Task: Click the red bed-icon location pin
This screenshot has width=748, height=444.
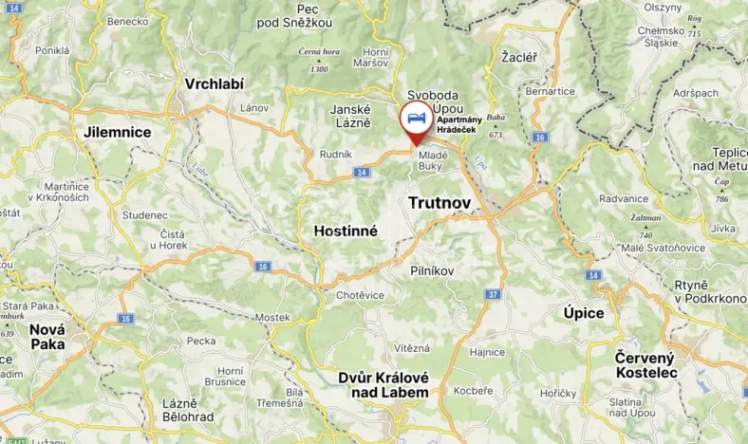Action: [414, 121]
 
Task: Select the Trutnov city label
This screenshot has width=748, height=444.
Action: [439, 203]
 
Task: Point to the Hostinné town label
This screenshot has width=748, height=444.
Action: [346, 231]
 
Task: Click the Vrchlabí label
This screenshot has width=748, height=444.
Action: [215, 83]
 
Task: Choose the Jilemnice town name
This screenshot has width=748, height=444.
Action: [118, 132]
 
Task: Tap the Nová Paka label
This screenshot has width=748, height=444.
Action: [47, 337]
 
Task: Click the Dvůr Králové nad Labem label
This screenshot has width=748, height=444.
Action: [383, 384]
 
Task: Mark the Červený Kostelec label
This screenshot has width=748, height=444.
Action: [645, 365]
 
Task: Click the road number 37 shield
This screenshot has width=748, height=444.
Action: [493, 294]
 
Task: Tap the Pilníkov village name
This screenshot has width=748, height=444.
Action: [432, 271]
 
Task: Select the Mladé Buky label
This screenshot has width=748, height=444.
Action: [433, 160]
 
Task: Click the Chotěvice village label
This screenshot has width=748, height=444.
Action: [361, 295]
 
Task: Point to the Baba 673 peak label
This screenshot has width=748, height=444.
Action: [496, 124]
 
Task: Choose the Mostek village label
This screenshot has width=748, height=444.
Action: [272, 317]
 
